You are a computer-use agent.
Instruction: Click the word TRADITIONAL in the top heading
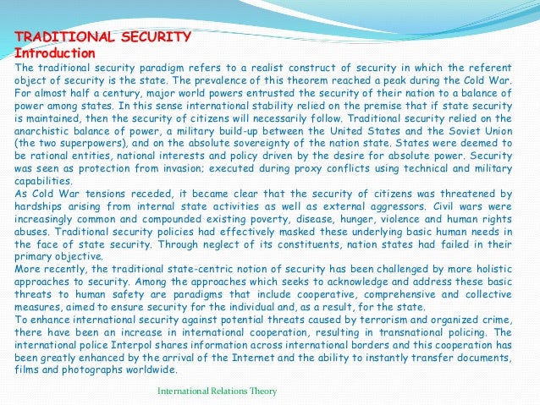pyautogui.click(x=60, y=37)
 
